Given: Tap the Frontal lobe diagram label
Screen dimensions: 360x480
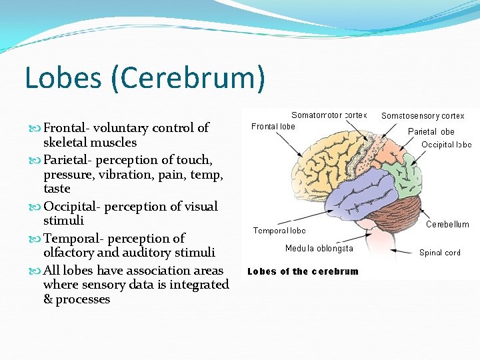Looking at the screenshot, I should coord(273,127).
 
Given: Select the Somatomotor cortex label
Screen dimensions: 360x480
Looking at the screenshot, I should coord(329,115).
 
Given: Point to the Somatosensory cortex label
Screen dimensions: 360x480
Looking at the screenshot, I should coord(423,116).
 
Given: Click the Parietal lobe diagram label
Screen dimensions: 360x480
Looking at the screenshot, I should coord(431,131).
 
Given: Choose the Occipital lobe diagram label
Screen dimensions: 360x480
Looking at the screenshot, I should coord(446,144).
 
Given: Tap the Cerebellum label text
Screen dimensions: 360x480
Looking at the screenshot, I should coord(447,225).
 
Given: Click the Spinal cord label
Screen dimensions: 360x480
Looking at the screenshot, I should coord(439,253).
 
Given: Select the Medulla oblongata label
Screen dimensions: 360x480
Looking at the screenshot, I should coord(319,249).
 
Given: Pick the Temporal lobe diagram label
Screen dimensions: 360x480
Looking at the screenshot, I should coord(279,231).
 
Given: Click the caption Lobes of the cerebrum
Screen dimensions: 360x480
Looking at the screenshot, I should coord(303,271).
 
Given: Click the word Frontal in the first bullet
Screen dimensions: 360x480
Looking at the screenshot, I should coord(66,128).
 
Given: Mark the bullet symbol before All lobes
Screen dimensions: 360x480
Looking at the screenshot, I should coord(36,271).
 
